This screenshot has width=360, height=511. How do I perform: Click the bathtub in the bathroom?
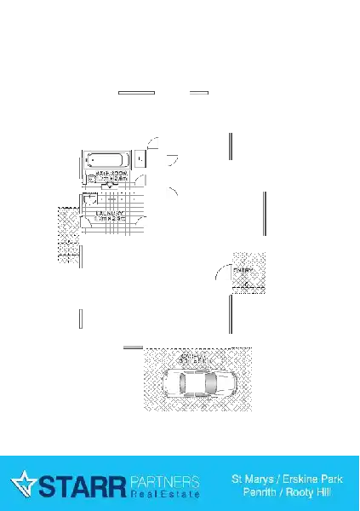pos(106,159)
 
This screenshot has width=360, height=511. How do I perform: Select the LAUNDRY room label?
pos(111,215)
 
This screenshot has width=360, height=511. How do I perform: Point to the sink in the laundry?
pos(89,198)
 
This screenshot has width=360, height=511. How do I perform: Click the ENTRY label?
pos(243,270)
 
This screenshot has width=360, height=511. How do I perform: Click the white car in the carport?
pos(197,382)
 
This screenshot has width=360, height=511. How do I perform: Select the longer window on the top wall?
pos(136,92)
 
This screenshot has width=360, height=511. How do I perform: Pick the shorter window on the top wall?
pos(197,92)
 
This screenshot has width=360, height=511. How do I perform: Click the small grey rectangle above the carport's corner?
pos(132,346)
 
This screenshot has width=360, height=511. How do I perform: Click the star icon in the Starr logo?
pos(23,484)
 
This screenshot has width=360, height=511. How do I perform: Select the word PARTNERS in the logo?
pos(165,480)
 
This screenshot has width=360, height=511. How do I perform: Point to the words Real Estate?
pos(165,493)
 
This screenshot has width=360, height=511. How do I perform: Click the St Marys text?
pos(252,479)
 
